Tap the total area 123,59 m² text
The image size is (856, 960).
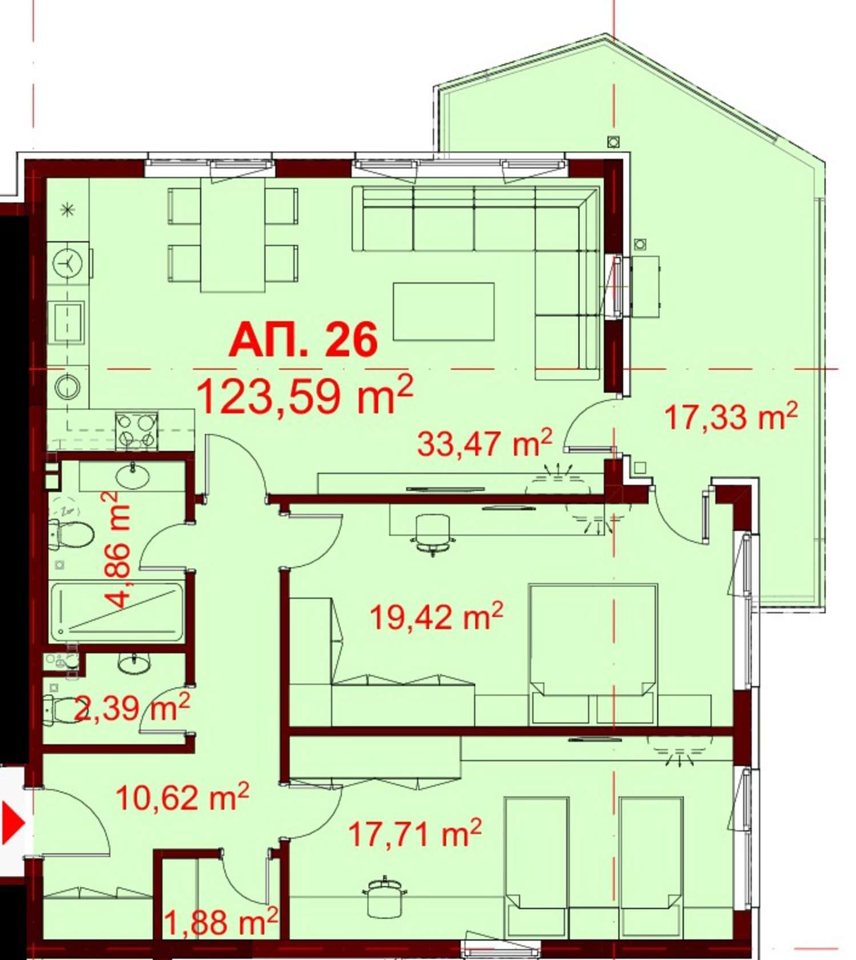[x=304, y=395]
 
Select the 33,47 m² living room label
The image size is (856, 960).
[x=484, y=443]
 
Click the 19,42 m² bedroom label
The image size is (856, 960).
[x=437, y=616]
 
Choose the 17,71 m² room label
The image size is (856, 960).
[x=415, y=833]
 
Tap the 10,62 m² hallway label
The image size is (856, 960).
[x=183, y=797]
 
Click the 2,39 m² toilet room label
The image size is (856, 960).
[x=132, y=708]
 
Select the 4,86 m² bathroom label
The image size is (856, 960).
[x=117, y=550]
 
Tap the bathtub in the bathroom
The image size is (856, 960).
[x=117, y=611]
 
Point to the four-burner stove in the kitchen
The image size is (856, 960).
[x=136, y=431]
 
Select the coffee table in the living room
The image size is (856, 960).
[x=443, y=311]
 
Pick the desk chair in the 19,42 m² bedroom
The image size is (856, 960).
[x=432, y=534]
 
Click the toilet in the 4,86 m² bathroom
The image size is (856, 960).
[x=71, y=534]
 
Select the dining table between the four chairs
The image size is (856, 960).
[x=233, y=234]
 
